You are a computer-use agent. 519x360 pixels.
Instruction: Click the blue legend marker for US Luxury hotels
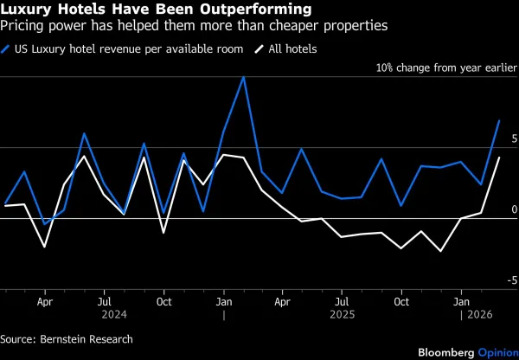pyautogui.click(x=8, y=49)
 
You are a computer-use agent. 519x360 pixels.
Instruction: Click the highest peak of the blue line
pyautogui.click(x=243, y=77)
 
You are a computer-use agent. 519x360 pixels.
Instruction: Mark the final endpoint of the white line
pyautogui.click(x=500, y=157)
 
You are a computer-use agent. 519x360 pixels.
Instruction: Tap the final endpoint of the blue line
pyautogui.click(x=500, y=120)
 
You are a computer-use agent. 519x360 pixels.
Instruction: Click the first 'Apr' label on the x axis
pyautogui.click(x=45, y=302)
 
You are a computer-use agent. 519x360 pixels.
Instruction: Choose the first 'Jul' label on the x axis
pyautogui.click(x=104, y=302)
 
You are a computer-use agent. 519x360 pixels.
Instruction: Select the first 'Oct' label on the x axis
pyautogui.click(x=163, y=302)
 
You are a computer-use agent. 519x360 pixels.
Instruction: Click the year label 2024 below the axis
pyautogui.click(x=104, y=316)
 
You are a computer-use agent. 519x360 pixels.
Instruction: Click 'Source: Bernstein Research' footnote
pyautogui.click(x=67, y=339)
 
